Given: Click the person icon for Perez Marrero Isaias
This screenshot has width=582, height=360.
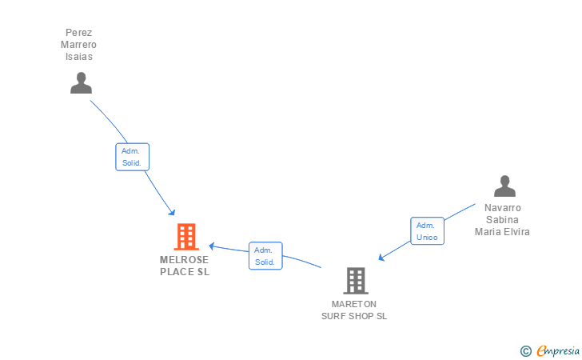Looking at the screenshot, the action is coord(81,83).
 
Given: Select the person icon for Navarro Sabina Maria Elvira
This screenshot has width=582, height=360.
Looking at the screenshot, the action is coord(504,186).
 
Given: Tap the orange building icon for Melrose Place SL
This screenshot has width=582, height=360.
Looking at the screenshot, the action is coord(185,237).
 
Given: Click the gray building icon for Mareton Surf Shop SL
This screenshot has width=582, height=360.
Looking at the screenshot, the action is coord(356,281).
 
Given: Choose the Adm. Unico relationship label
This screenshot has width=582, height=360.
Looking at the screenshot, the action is coord(427,231).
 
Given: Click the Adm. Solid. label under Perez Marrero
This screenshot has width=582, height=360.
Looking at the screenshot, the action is coord(132,157).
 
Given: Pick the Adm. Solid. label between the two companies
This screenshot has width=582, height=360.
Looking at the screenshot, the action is coord(265,256).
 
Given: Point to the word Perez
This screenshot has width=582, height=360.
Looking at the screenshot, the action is coord(78,34).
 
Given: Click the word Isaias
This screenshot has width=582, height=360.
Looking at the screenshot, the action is coord(78,56).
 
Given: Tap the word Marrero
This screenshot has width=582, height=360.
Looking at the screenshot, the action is coord(78,45).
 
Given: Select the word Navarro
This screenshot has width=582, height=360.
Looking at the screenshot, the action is coord(502,208).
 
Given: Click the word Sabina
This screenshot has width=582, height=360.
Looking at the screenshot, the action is coord(502,220).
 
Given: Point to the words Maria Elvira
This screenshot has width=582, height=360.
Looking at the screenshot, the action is coord(502,232).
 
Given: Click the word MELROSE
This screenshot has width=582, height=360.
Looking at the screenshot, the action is coord(184,260).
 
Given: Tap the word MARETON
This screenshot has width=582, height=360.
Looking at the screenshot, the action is coord(354,304).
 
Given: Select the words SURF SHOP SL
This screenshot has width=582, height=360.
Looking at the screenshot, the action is coord(354,316).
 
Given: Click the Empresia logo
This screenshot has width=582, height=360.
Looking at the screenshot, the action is coord(558,350).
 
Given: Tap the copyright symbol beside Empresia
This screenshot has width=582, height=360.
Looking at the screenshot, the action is coord(525,350).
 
